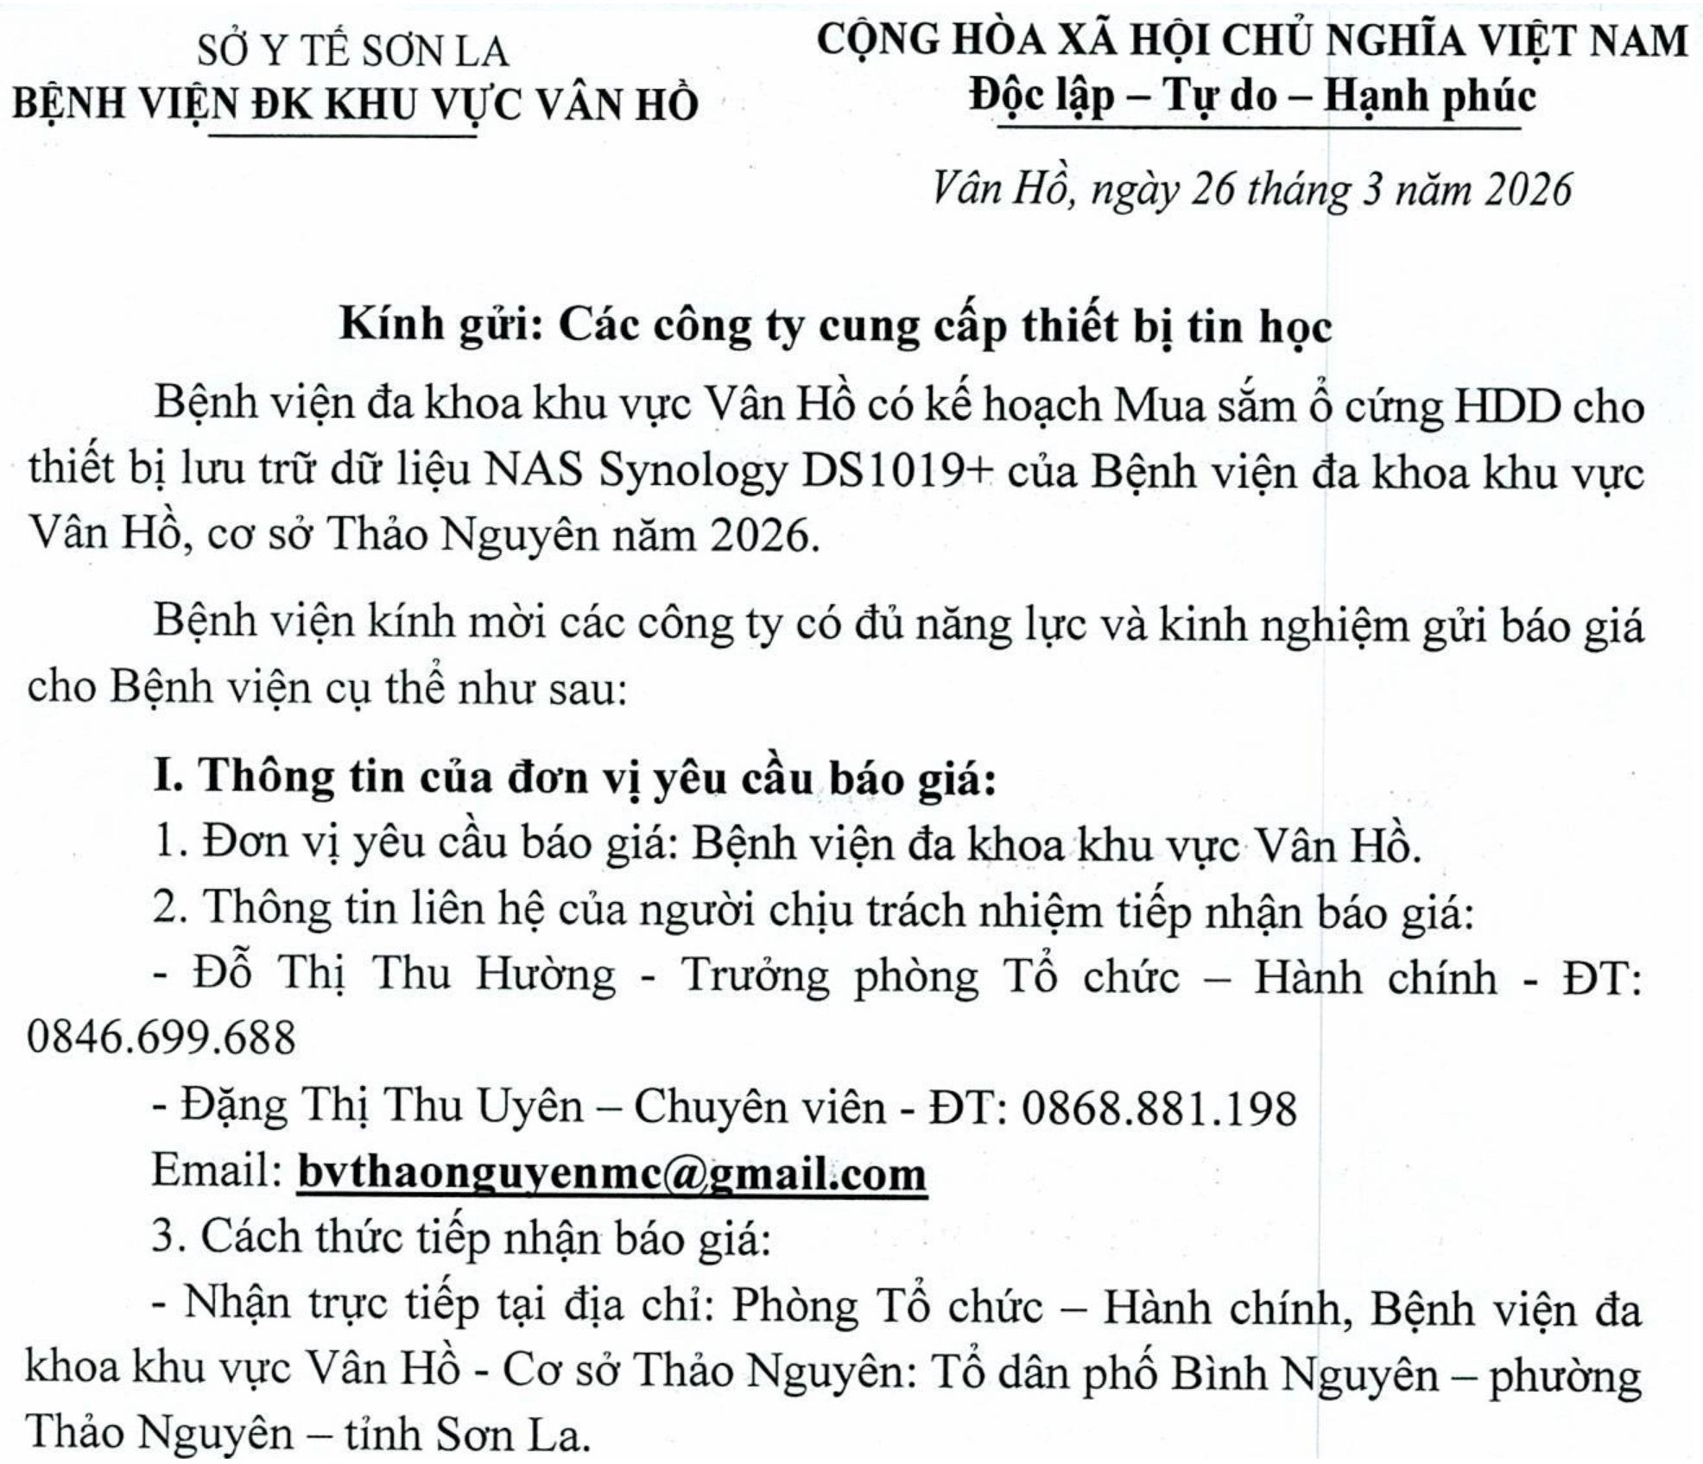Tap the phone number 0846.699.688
(x=161, y=1038)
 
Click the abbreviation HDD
(x=1505, y=406)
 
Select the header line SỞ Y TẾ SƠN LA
(x=353, y=52)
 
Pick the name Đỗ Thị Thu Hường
(x=404, y=974)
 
